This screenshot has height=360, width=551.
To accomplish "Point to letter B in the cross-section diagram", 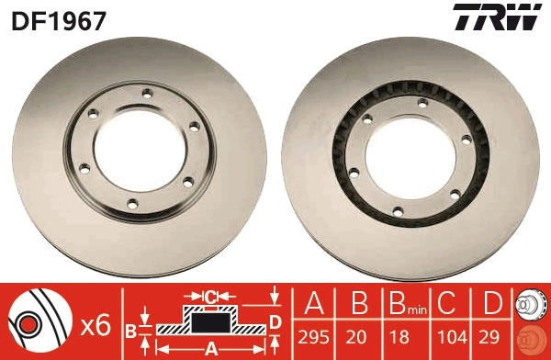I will click(130, 328).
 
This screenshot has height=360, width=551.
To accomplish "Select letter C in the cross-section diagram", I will click(210, 297).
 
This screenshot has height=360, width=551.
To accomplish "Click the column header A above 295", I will click(312, 304).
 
